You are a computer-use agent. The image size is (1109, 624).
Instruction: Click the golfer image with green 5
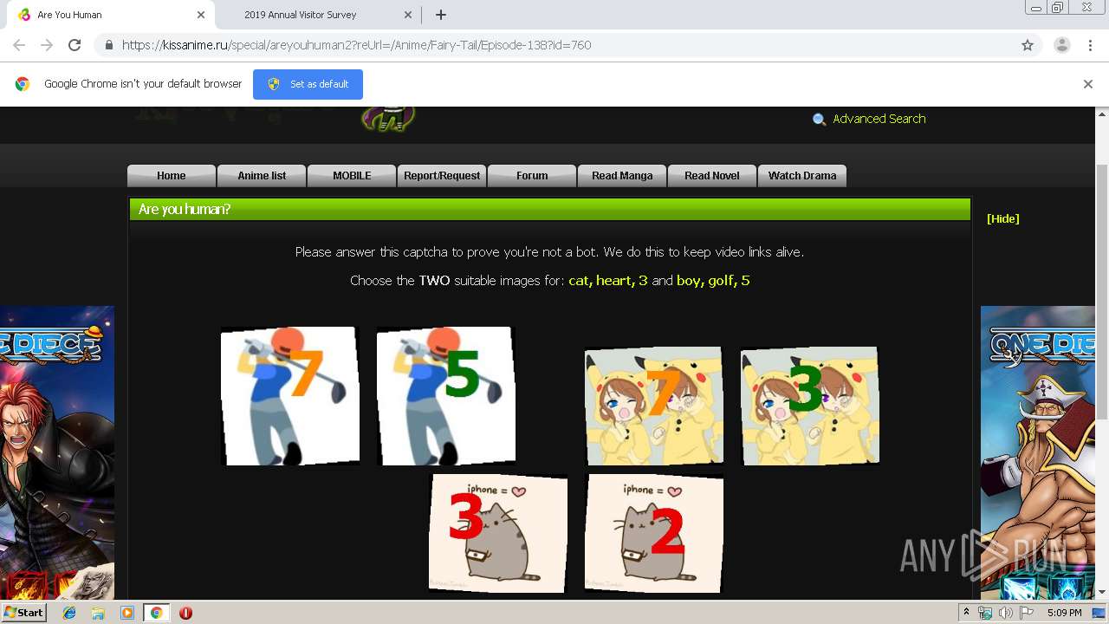coord(445,396)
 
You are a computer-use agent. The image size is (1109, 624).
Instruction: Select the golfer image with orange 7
coord(289,396)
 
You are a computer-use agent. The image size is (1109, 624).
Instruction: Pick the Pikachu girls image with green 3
coord(809,406)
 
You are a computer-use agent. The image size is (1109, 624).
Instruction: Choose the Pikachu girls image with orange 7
coord(653,406)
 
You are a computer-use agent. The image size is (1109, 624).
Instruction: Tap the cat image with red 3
coord(498,532)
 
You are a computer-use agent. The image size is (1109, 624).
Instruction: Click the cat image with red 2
coord(653,532)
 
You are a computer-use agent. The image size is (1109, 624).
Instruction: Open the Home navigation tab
coord(172,175)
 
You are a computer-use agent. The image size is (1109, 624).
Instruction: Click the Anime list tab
coord(262,175)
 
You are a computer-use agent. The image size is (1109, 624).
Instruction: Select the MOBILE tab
coord(352,175)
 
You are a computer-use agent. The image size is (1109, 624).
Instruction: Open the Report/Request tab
coord(442,175)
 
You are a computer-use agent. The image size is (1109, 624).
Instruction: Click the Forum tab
coord(532,175)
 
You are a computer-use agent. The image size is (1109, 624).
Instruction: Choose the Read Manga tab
coord(622,175)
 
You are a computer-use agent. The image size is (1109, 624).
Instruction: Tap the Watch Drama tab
coord(802,175)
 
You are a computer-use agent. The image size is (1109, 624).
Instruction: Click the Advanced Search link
coord(879,119)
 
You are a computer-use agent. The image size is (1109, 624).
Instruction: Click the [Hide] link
coord(1002,218)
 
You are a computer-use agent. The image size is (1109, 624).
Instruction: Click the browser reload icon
coord(75,45)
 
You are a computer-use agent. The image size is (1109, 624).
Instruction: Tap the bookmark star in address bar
coord(1028,45)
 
